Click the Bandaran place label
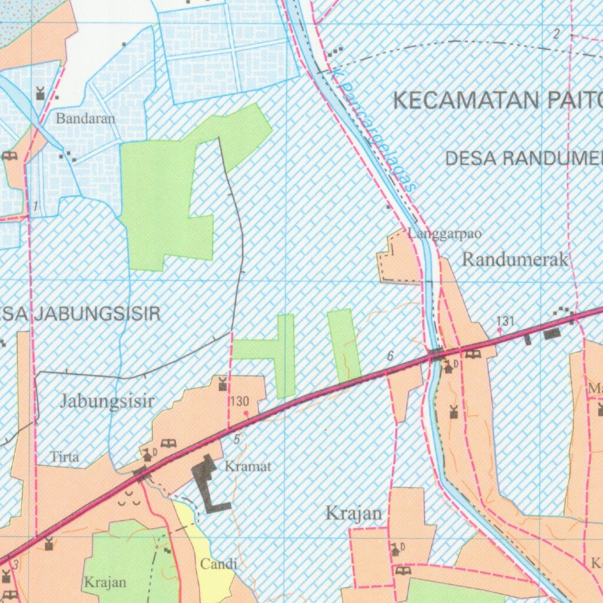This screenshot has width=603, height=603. [86, 118]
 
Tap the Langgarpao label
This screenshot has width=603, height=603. [445, 234]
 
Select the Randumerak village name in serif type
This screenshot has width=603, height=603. [515, 259]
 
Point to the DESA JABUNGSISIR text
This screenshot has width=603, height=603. [80, 314]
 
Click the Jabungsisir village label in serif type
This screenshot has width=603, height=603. [107, 402]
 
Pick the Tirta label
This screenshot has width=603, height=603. [64, 456]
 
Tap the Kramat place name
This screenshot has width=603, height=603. [248, 466]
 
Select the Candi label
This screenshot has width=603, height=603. [218, 564]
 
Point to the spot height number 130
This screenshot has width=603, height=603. [240, 402]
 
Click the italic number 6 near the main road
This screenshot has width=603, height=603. [390, 356]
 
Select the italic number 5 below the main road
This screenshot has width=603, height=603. [237, 439]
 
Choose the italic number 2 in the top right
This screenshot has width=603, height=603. [556, 34]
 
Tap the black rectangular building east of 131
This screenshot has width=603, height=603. [552, 334]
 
